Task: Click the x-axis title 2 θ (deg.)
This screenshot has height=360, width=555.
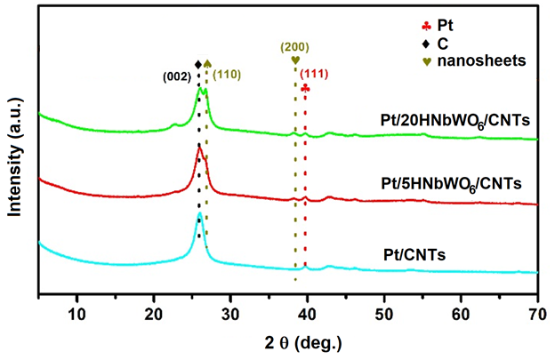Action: point(288,342)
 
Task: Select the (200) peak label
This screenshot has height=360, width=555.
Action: point(294,45)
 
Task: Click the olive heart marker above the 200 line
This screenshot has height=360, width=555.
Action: point(295,60)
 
